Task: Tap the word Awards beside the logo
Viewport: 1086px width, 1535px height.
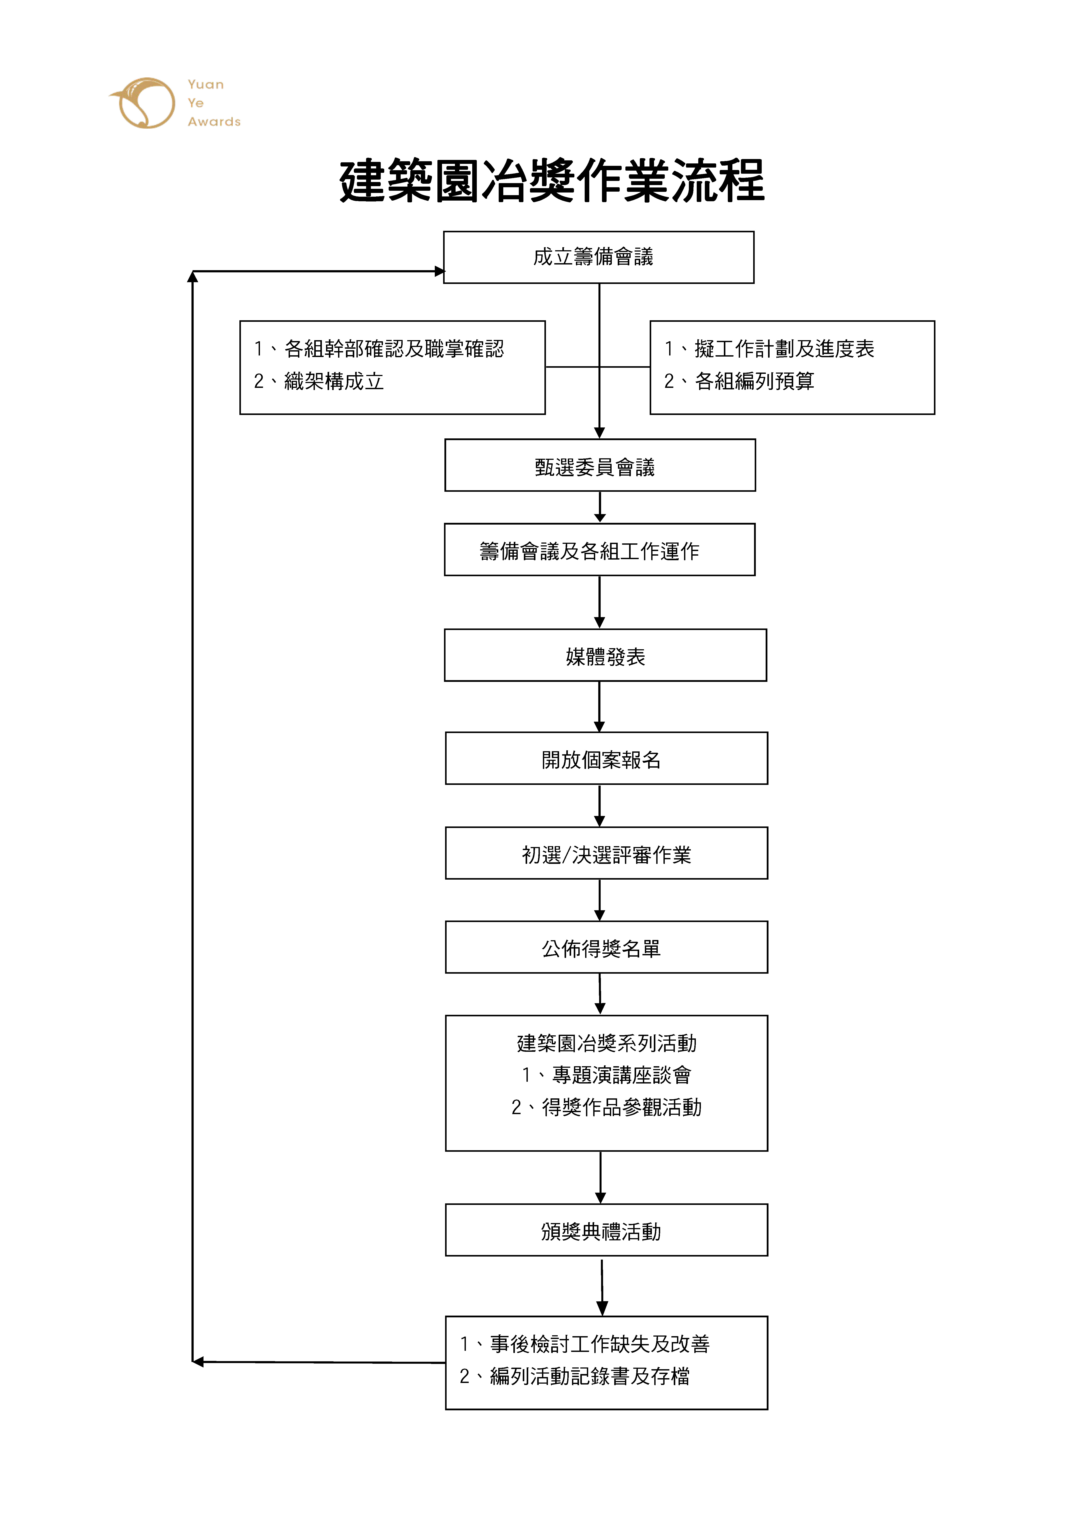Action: click(214, 122)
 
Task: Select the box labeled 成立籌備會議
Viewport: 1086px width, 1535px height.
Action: click(598, 257)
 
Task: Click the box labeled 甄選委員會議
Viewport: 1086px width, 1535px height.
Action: click(600, 465)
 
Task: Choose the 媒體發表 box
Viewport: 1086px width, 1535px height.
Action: click(605, 655)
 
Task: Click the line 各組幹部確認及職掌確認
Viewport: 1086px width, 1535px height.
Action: click(394, 349)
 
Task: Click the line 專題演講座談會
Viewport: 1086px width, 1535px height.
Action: click(621, 1075)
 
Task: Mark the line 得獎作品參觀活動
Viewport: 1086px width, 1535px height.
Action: click(621, 1107)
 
